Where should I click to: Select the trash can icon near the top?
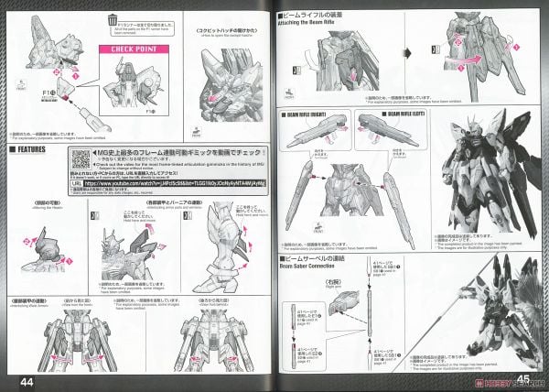click(111, 17)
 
